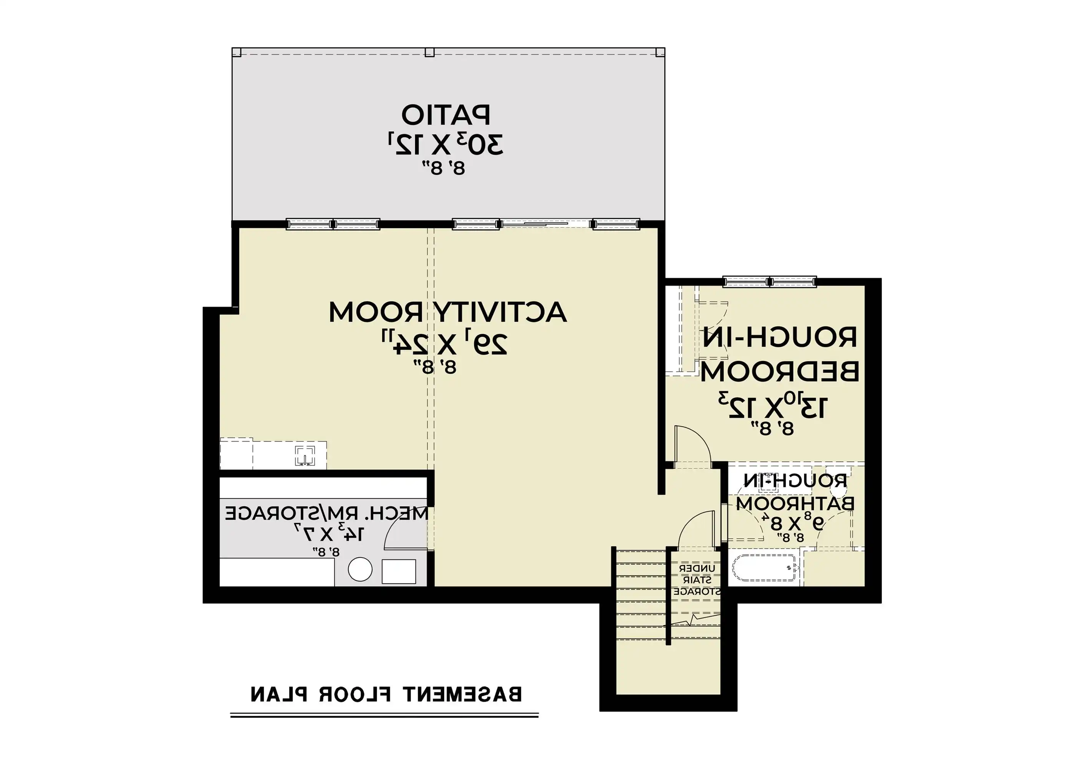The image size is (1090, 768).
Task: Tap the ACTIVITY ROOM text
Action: (448, 312)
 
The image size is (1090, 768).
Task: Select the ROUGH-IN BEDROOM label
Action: (780, 354)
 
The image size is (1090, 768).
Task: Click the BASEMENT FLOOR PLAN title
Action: (386, 694)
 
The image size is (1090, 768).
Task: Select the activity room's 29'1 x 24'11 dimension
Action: (445, 342)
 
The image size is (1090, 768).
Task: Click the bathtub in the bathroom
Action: (764, 568)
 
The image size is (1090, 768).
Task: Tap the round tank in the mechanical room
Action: (360, 569)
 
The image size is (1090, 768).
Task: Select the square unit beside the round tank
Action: (399, 571)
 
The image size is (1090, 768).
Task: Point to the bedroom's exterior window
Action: (770, 281)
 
